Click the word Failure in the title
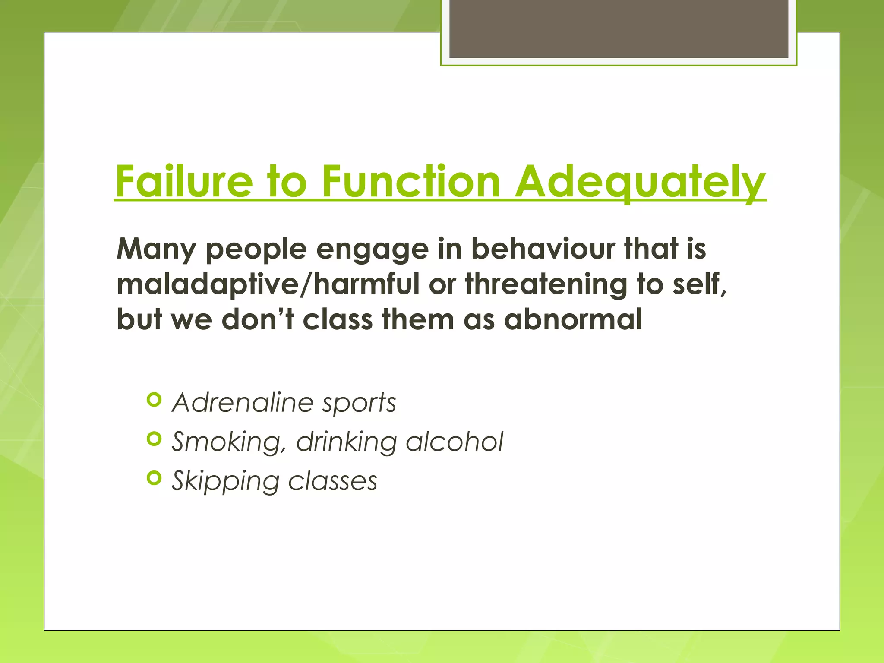[184, 182]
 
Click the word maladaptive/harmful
[268, 285]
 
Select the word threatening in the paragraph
[546, 285]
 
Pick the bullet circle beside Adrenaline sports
[154, 400]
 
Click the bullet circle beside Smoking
[154, 439]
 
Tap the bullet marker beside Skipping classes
[154, 478]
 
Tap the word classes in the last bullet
[332, 481]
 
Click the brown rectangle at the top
[619, 29]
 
